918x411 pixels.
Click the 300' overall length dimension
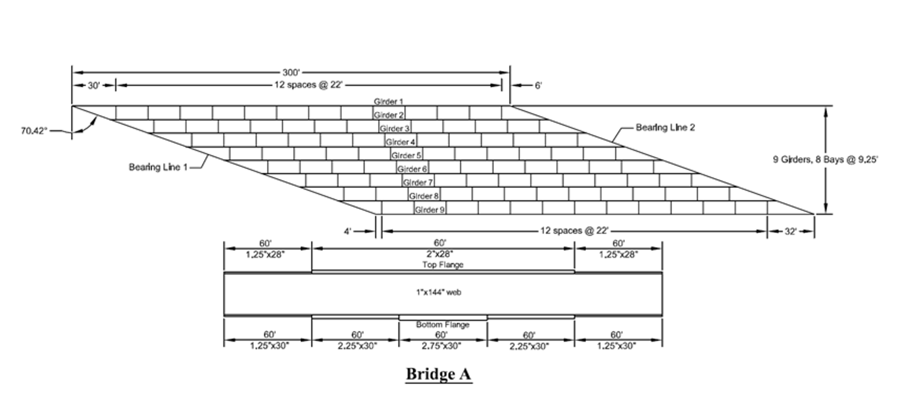point(291,72)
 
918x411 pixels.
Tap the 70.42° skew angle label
point(34,131)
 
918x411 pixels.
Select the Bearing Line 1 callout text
point(158,167)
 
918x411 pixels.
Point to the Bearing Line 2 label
point(665,127)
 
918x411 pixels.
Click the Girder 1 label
point(388,101)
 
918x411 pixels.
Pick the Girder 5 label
point(406,155)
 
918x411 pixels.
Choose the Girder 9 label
point(429,210)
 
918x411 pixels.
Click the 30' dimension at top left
point(93,85)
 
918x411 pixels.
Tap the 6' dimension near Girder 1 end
point(538,85)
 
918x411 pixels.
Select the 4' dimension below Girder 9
point(347,232)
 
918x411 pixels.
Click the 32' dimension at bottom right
point(791,232)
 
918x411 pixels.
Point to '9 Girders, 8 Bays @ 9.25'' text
point(825,159)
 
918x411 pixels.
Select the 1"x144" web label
point(438,292)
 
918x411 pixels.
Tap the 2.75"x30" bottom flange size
point(441,346)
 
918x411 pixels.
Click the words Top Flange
point(442,265)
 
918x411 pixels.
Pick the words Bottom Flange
point(442,324)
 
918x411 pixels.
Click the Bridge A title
point(438,374)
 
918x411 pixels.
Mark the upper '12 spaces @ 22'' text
point(308,85)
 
